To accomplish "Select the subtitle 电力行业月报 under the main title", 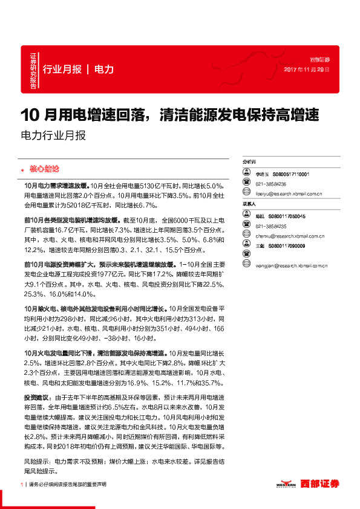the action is pos(53,135).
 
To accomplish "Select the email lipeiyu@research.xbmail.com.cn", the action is pos(288,194).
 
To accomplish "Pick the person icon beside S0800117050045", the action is pos(246,215).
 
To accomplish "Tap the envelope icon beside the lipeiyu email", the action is pos(246,194).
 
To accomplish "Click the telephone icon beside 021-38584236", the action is pos(246,184).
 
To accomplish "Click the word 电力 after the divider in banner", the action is pos(104,70).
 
